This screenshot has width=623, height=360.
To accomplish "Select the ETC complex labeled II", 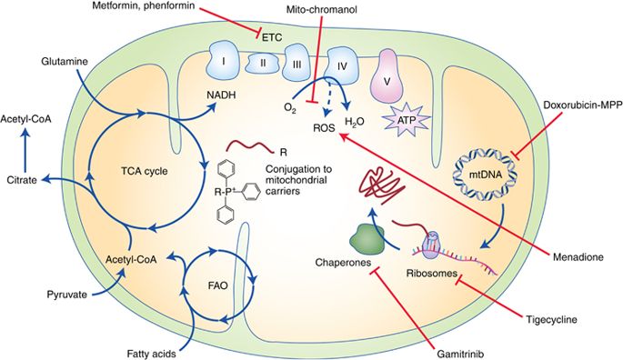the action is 262,64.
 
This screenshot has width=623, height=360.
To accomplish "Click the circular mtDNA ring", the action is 481,175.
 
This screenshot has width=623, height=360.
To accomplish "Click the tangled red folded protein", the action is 379,186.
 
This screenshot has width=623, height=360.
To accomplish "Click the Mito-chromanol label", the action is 321,9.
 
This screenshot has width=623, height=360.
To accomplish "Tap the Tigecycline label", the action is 551,319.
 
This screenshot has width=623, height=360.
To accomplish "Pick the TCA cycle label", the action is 145,172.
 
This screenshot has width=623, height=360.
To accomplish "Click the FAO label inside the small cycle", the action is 217,285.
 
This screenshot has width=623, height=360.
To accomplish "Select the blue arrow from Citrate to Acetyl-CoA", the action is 26,150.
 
